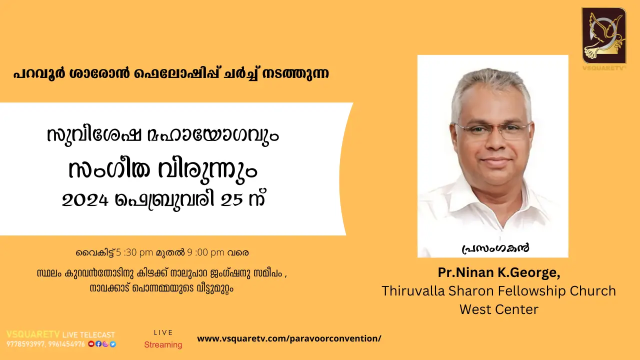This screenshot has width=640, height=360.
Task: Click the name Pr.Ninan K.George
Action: [x=499, y=273]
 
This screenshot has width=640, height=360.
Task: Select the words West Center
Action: [x=498, y=309]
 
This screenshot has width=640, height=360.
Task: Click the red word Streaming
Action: [x=163, y=344]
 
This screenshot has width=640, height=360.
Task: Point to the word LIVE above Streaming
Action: [x=163, y=332]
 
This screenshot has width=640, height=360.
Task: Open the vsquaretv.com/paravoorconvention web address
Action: [x=289, y=338]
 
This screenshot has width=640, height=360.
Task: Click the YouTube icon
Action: [x=90, y=344]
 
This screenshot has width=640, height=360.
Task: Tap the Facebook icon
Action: [x=98, y=344]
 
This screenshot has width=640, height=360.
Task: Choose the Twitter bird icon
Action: [x=113, y=344]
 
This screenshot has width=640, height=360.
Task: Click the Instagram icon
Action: [x=105, y=344]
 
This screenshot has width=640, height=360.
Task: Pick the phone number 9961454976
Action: [x=67, y=344]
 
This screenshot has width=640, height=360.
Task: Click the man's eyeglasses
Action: [x=492, y=130]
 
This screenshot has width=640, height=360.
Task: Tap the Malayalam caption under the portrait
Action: [x=495, y=247]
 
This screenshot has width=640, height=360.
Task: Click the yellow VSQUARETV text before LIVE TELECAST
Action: [x=33, y=334]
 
